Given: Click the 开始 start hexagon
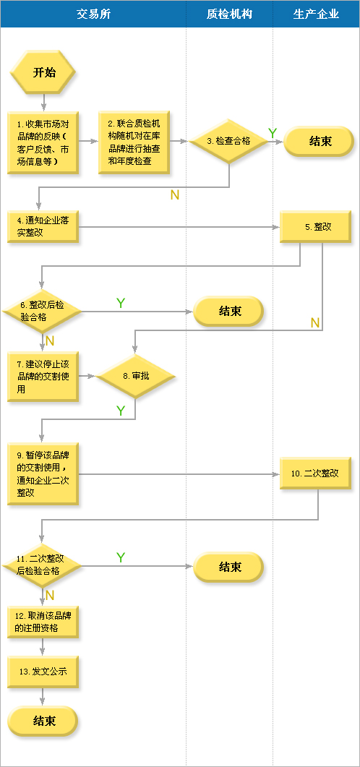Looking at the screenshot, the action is click(43, 72).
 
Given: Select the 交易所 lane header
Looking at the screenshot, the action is click(93, 14).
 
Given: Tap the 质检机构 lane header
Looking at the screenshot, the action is click(229, 14).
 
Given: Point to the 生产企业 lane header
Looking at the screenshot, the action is click(316, 14).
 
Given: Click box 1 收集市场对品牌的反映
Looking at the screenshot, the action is click(43, 142).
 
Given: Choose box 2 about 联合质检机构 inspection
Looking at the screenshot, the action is click(134, 142).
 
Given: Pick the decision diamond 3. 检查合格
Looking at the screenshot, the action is click(228, 142).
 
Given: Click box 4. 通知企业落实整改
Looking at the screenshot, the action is click(43, 226).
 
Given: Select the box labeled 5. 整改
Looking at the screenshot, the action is click(315, 226).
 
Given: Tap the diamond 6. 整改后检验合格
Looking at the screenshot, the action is click(43, 311).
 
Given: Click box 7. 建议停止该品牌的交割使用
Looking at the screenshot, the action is click(43, 377).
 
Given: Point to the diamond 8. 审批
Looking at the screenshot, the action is click(135, 376).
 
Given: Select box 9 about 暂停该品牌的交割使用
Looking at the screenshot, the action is click(43, 474).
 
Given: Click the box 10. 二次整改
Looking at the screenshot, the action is click(315, 474).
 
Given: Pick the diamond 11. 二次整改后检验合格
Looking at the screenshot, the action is click(43, 565).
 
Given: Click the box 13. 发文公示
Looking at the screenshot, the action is click(43, 672).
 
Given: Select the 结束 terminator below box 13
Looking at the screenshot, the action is click(43, 721).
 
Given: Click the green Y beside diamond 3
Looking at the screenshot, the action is click(273, 133).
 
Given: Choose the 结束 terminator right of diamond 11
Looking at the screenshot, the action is click(229, 567).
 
